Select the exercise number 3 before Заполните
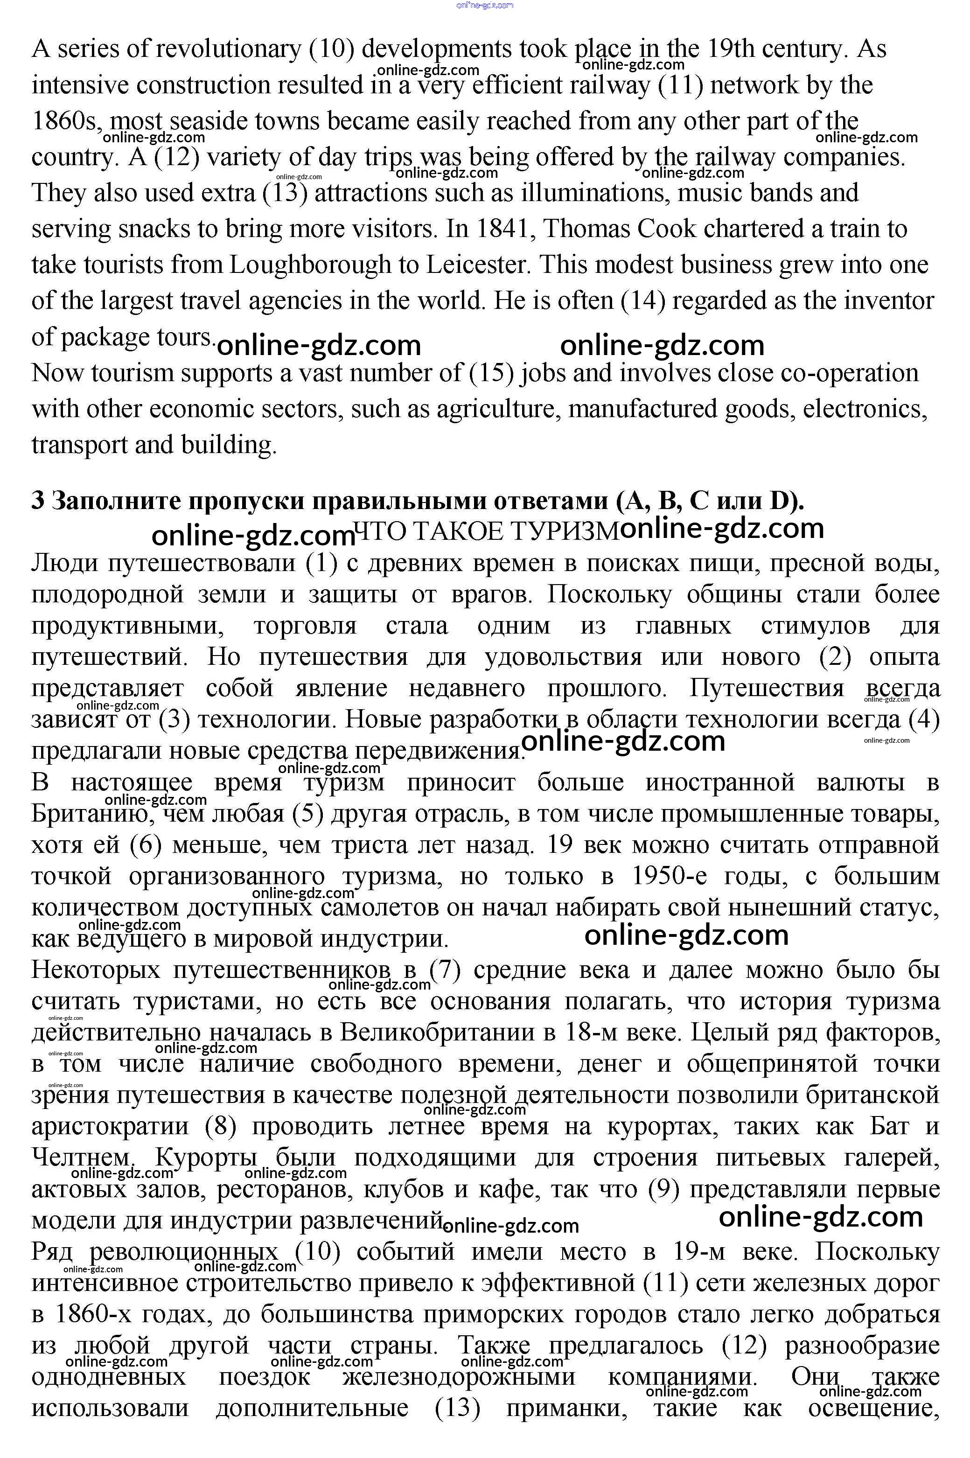(x=38, y=501)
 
